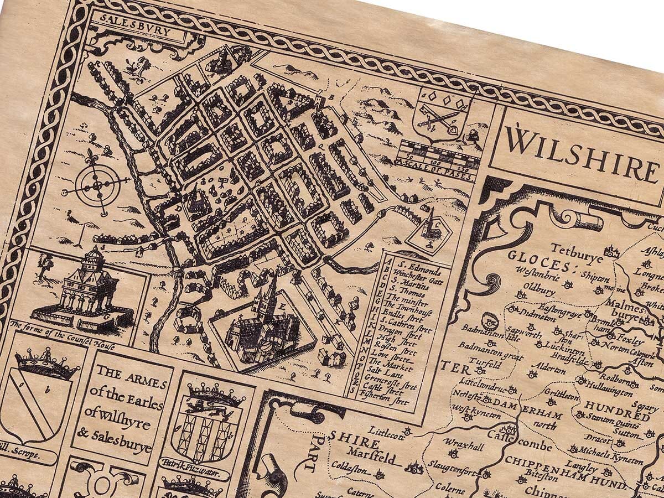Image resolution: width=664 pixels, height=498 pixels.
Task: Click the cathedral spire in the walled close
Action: pos(270,292)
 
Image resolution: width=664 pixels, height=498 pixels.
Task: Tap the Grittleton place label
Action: pos(562,396)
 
